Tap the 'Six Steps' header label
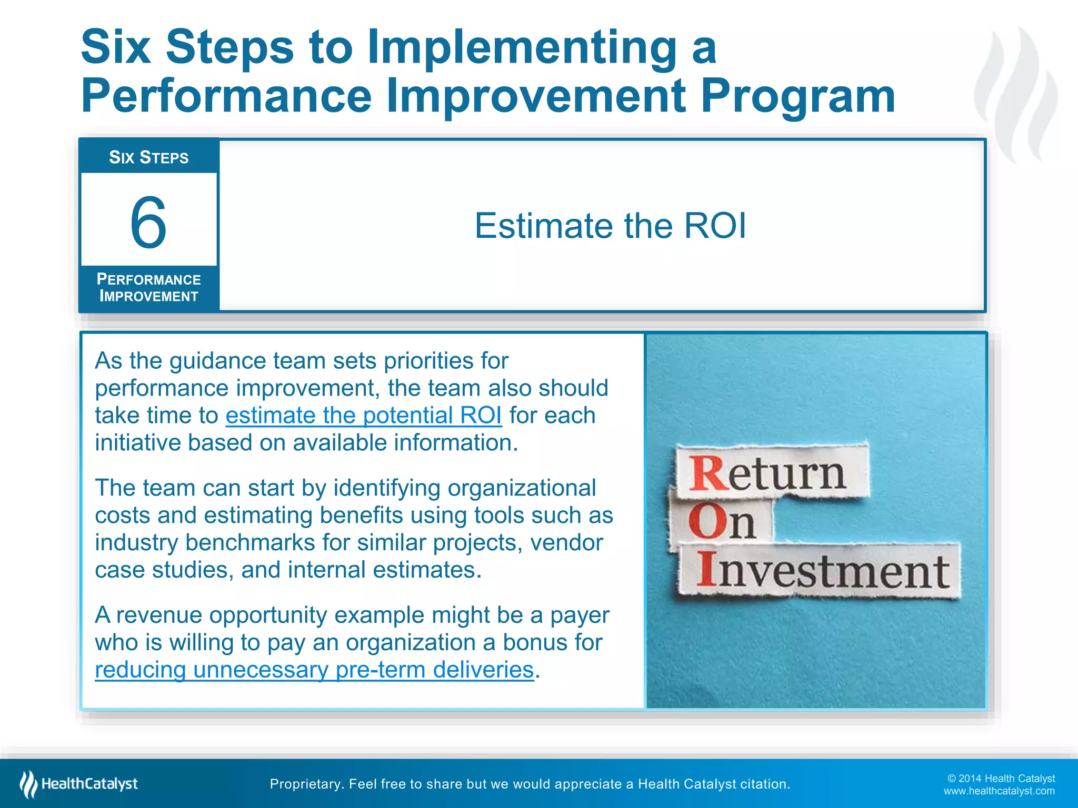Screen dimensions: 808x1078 coord(148,157)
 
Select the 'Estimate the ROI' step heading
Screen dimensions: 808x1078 coord(610,226)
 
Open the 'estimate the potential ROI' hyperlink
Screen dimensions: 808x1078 coord(363,415)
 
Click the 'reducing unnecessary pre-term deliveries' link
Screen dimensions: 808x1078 coord(314,670)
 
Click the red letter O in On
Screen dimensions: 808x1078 coord(705,522)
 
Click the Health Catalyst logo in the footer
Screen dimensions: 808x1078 coord(79,784)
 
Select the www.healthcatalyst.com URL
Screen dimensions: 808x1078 coord(999,791)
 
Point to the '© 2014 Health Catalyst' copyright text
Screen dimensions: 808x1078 coord(1001,778)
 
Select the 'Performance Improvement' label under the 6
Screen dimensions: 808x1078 coord(148,288)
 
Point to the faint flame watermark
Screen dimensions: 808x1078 coord(1016,95)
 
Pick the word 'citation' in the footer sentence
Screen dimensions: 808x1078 coord(764,784)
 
